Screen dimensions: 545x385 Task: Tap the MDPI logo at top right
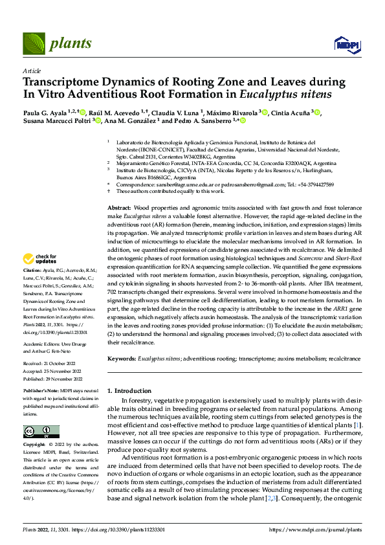[346, 43]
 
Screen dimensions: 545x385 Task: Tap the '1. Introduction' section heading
[129, 390]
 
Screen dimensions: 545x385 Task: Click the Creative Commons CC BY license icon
[41, 432]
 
